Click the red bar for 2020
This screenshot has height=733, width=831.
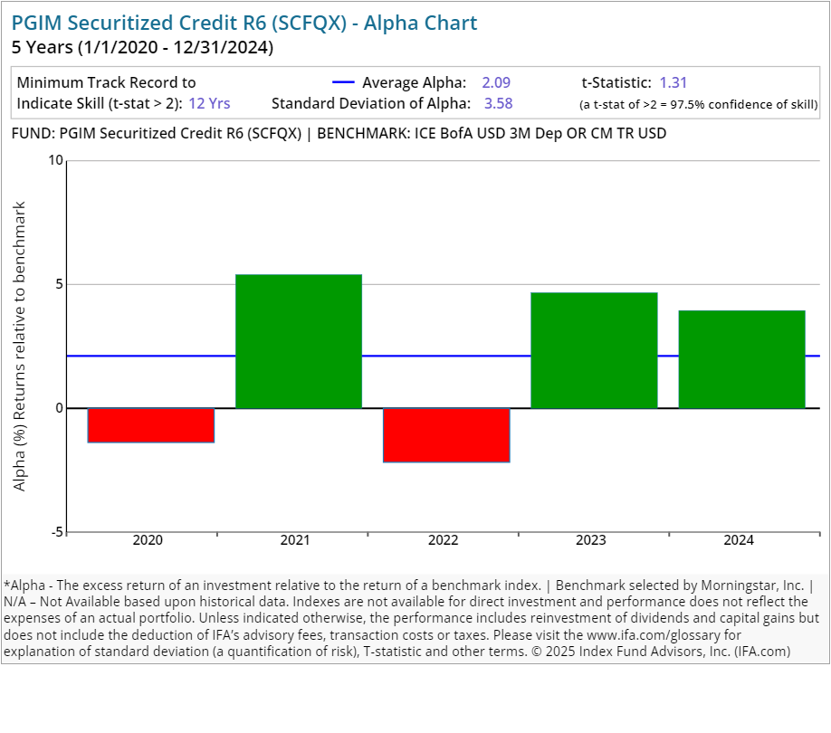150,424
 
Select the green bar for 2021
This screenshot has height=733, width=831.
299,341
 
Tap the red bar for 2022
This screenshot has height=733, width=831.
446,434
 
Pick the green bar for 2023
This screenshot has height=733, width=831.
594,350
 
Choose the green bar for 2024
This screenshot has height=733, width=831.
741,359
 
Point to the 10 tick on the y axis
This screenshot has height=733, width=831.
56,161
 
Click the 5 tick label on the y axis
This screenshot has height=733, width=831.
60,284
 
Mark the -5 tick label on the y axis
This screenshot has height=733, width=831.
57,532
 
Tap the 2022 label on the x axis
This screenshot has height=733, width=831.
443,541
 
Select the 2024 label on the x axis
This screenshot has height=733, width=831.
739,541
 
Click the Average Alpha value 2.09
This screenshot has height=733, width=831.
496,82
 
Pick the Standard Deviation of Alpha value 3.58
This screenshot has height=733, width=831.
499,103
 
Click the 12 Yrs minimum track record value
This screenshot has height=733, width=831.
209,103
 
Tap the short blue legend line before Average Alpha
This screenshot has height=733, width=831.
344,82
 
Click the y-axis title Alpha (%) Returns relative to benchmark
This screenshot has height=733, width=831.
20,346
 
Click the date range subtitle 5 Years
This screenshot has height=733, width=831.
142,46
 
